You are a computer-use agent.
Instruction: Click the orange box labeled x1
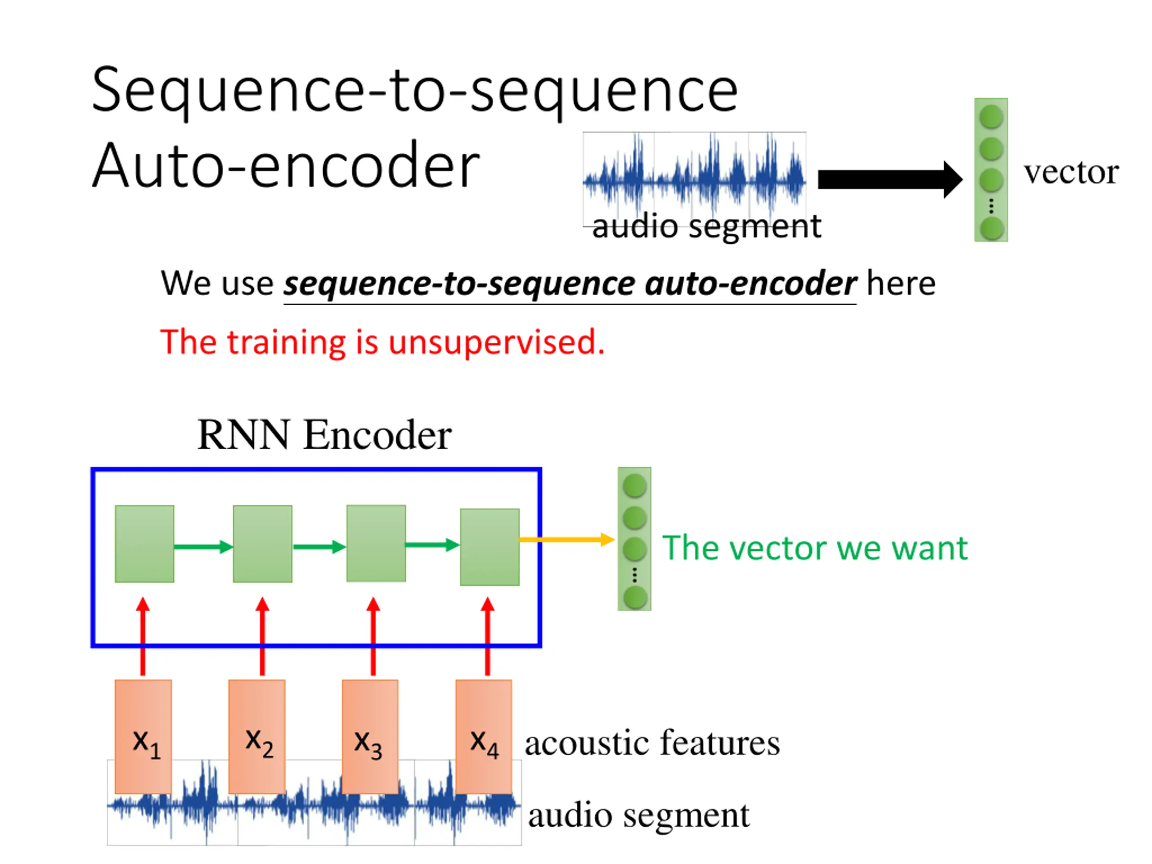(143, 736)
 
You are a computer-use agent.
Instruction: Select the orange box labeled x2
(257, 736)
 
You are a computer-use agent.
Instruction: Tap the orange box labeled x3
(370, 736)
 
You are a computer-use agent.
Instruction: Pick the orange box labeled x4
(484, 736)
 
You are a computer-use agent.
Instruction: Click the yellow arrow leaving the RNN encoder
(567, 540)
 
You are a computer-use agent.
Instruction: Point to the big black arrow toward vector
(890, 180)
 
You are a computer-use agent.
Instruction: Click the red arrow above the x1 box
(143, 636)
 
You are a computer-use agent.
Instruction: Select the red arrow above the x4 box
(487, 636)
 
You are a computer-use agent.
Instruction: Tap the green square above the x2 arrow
(262, 544)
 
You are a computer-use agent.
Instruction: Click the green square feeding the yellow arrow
(490, 547)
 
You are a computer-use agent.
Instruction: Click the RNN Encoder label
(324, 435)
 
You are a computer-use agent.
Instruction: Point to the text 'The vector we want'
(815, 548)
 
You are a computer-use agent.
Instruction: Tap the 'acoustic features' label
(652, 742)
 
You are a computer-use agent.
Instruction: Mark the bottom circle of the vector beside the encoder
(635, 597)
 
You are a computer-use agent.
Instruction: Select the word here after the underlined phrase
(901, 284)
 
